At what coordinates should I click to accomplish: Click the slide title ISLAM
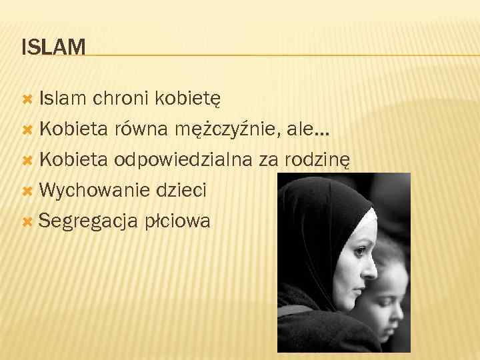tap(53, 47)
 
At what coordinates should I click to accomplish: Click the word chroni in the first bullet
tap(120, 99)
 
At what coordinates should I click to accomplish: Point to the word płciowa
tap(177, 221)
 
